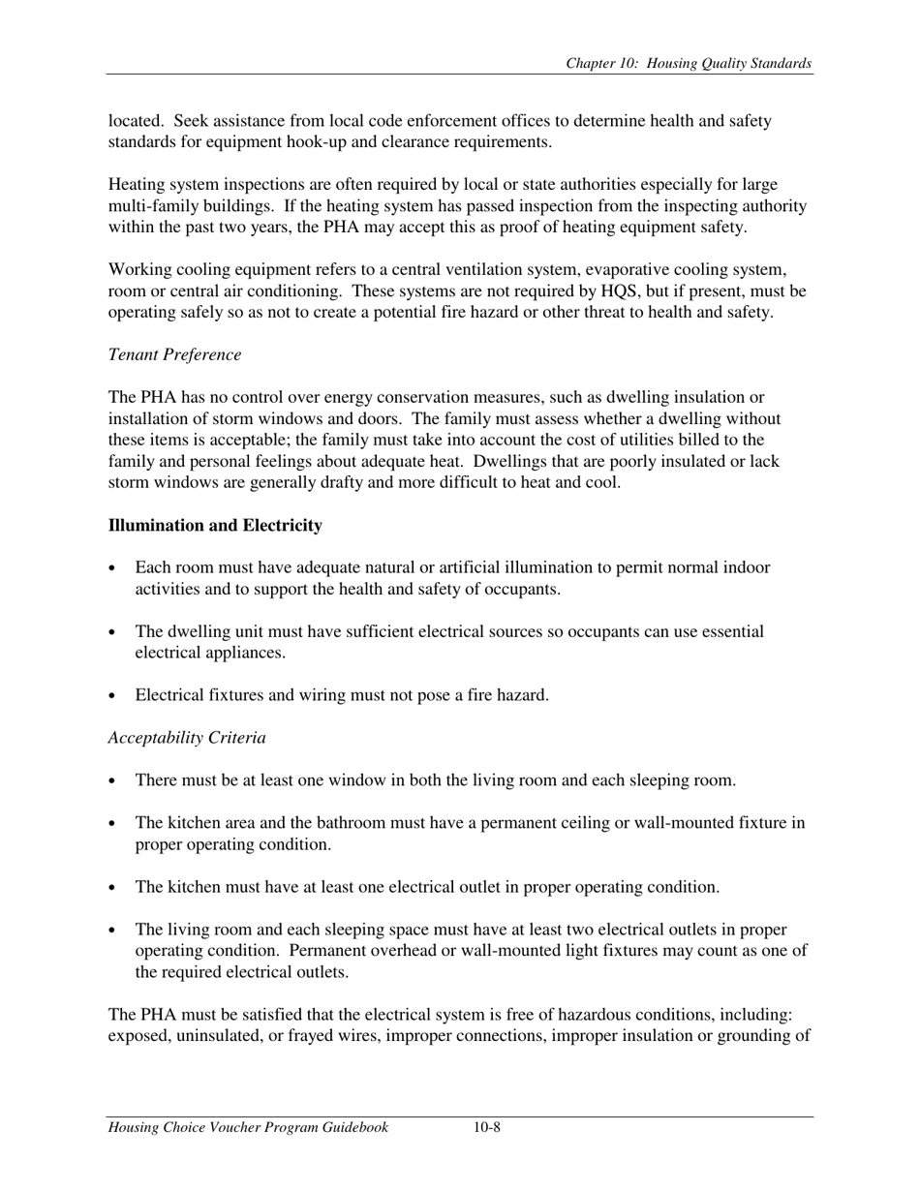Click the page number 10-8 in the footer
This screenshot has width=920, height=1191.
coord(487,1127)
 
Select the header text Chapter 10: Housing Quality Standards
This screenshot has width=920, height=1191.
coord(689,64)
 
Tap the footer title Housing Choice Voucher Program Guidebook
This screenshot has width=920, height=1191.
coord(248,1127)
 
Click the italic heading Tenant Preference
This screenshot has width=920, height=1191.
coord(174,354)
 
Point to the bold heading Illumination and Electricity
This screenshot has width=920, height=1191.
coord(215,525)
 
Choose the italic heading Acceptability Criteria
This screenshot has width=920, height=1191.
coord(187,738)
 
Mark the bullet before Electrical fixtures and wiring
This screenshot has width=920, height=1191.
coord(114,696)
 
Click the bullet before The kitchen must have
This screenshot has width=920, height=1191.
coord(114,888)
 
